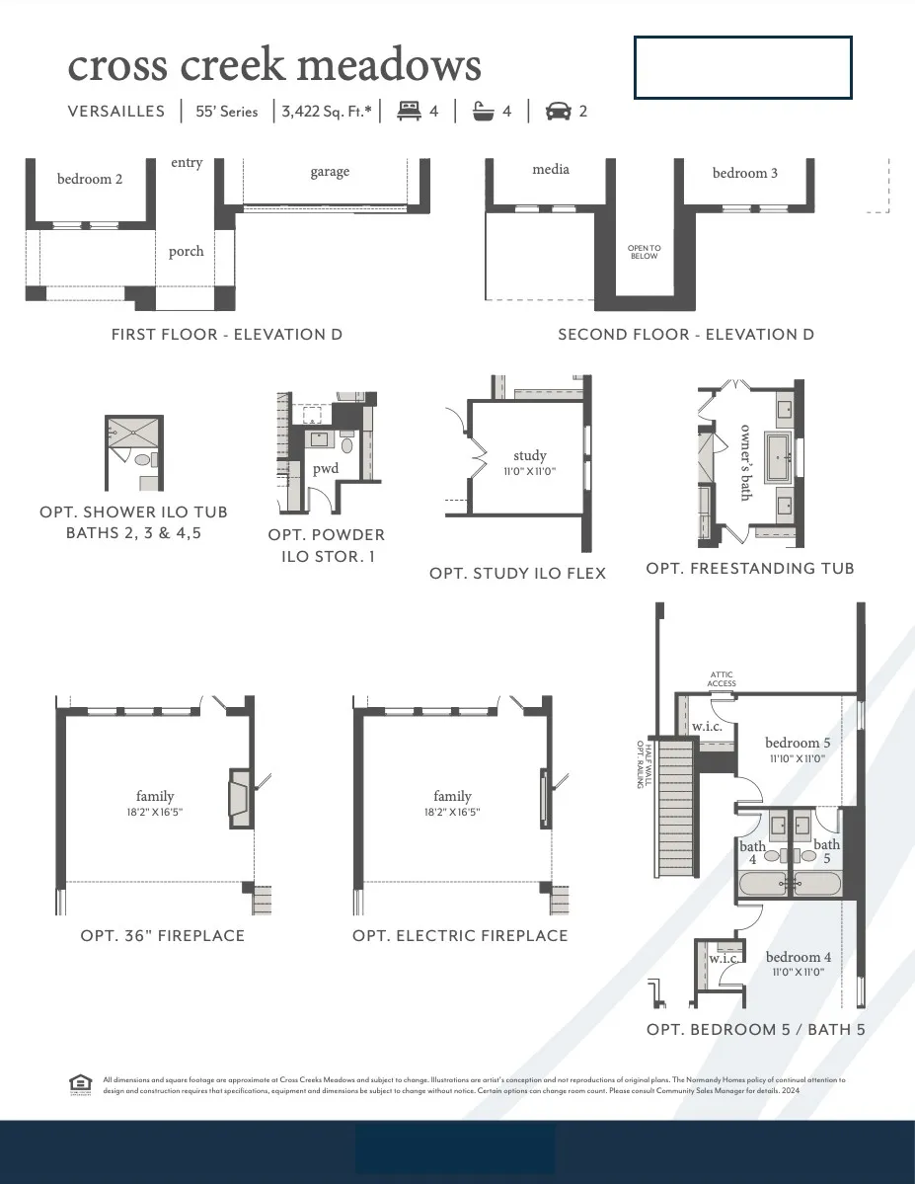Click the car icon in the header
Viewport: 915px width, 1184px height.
558,111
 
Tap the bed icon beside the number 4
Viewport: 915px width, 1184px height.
408,111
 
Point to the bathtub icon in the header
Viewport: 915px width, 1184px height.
483,111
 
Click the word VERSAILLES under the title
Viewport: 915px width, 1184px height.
116,112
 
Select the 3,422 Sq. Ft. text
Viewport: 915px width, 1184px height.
327,112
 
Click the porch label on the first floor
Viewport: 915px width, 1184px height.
186,251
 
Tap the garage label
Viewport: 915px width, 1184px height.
330,172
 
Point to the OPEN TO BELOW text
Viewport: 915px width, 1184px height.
645,252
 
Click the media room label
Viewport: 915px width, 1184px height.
551,169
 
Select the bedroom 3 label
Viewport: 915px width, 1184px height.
745,173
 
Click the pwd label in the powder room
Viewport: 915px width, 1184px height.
326,468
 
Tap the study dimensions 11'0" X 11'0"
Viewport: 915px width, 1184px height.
530,471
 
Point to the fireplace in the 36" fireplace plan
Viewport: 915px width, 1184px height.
239,799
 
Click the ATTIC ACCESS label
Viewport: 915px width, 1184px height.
722,678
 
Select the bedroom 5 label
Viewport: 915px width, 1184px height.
798,743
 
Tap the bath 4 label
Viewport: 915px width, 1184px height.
752,852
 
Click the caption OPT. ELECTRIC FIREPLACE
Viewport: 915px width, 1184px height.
460,935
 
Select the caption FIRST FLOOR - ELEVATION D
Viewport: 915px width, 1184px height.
227,335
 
